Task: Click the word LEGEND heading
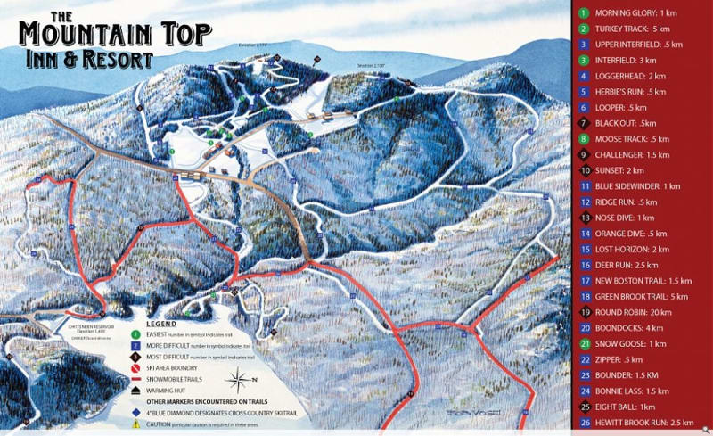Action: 164,323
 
